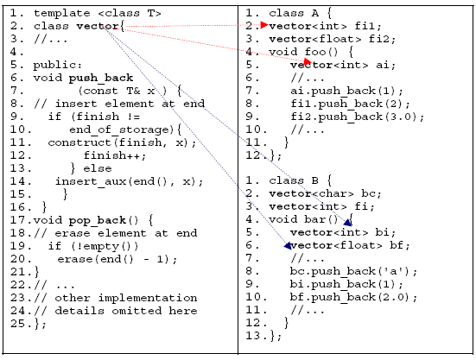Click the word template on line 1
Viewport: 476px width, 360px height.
(x=61, y=13)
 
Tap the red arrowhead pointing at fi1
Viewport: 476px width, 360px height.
(x=264, y=25)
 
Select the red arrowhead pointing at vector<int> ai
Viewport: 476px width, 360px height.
(x=308, y=61)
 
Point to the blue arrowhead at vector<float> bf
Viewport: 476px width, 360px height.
(x=288, y=246)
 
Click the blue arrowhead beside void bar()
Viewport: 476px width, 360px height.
(x=348, y=223)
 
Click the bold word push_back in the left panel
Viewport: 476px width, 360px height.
(x=101, y=79)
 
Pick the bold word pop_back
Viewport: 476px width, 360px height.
(x=97, y=220)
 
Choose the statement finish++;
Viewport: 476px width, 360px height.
(x=115, y=155)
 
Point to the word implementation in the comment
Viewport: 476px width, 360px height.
(x=148, y=298)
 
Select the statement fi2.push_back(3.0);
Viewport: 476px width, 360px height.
(x=357, y=117)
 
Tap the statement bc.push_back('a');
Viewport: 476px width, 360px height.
(x=353, y=271)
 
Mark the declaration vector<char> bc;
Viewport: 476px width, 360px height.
(x=325, y=193)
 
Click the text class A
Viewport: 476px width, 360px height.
(x=294, y=13)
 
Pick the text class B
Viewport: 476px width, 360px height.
(x=294, y=180)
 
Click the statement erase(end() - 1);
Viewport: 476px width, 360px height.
(x=117, y=259)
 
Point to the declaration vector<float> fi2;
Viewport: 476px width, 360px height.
(x=332, y=39)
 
